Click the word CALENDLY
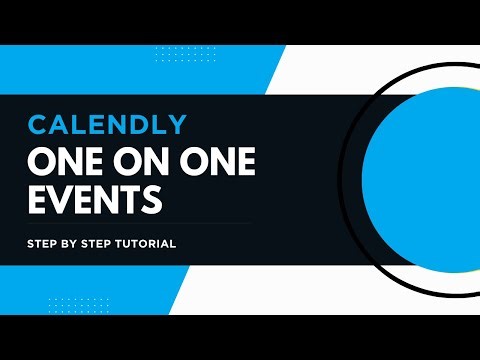click(x=107, y=124)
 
